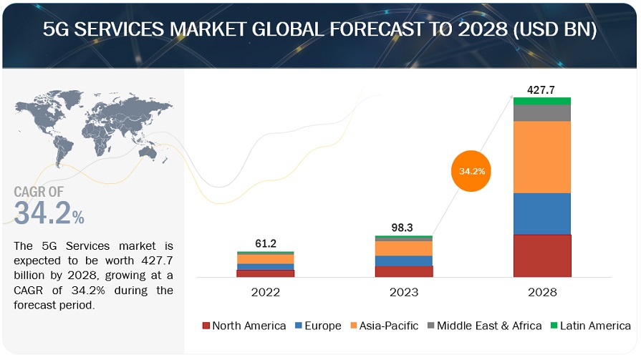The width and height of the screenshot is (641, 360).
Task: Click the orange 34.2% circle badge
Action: coord(472,172)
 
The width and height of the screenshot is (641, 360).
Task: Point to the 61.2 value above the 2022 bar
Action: coord(265,243)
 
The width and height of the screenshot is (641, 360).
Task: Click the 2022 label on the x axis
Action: coord(265,292)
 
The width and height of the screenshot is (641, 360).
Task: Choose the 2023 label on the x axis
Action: coord(403,292)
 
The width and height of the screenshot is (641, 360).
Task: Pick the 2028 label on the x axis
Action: coord(542,292)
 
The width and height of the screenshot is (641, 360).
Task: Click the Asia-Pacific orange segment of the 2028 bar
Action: coord(542,157)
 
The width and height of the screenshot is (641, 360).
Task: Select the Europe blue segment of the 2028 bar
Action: coord(542,213)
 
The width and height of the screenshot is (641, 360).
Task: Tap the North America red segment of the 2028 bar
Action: coord(542,256)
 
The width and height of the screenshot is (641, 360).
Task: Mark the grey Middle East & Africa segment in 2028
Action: coord(542,113)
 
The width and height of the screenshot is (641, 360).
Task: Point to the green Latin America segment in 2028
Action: coord(542,101)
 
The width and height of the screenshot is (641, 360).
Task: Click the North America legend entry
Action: coord(244,326)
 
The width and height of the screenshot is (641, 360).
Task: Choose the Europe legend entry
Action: coord(318,326)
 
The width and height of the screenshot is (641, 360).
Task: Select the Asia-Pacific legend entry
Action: coord(385,326)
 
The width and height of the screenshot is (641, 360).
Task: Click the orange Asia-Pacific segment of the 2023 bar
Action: coord(403,248)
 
